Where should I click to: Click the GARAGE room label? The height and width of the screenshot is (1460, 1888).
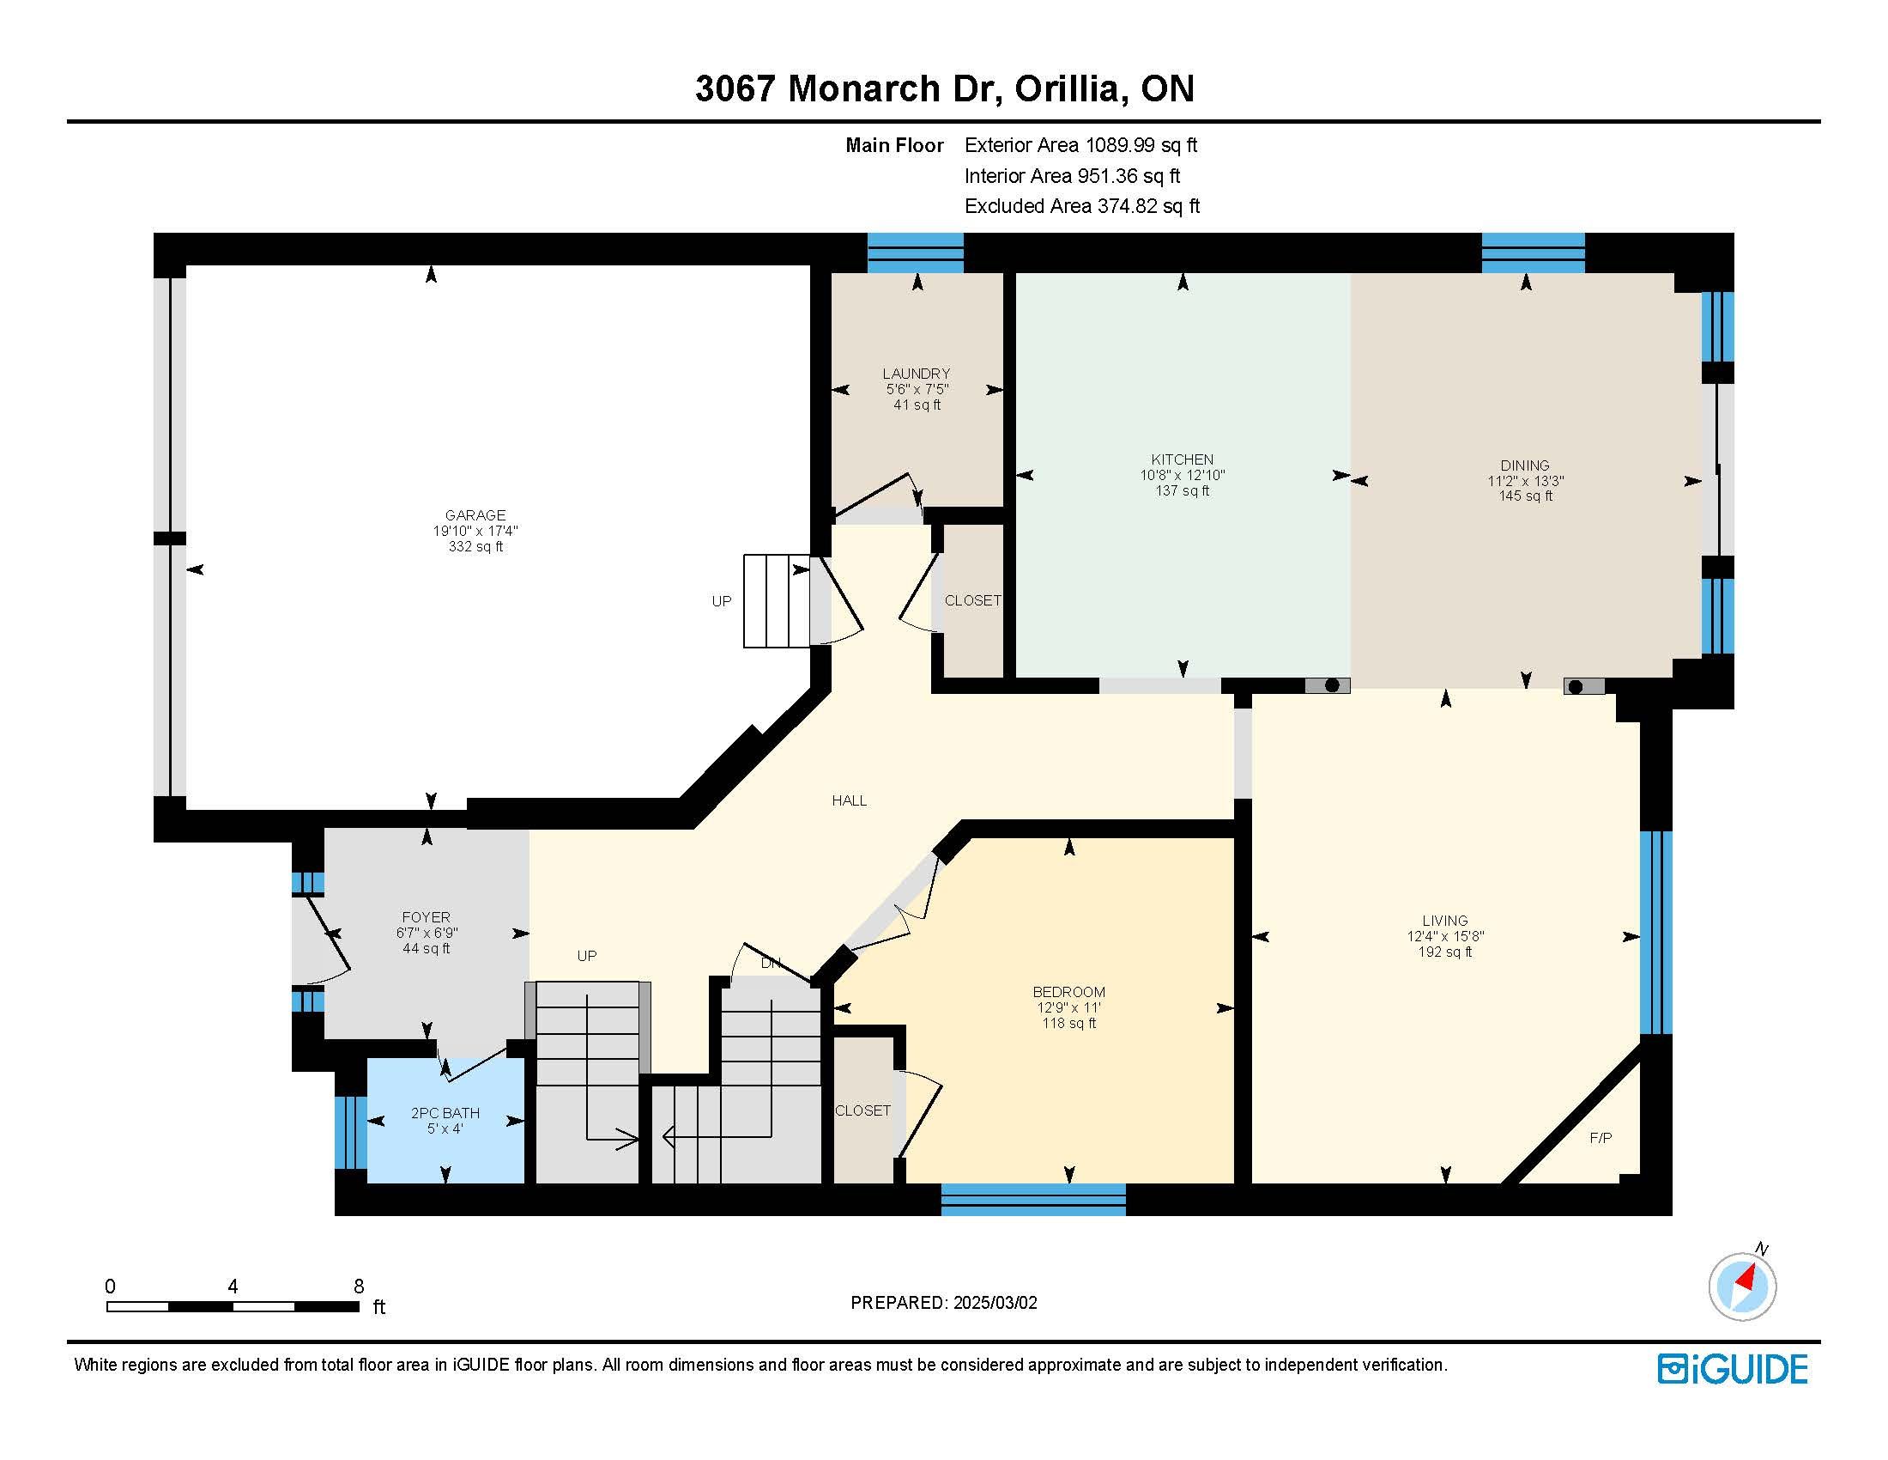pos(475,515)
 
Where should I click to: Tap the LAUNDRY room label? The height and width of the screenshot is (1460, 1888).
pos(917,374)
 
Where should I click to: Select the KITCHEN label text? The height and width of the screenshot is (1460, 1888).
pos(1183,459)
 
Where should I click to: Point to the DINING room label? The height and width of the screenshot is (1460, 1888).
pos(1525,465)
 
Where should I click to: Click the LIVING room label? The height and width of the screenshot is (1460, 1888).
pos(1445,921)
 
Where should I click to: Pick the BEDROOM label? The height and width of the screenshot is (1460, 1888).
pos(1069,992)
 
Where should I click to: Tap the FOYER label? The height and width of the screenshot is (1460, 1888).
pos(427,917)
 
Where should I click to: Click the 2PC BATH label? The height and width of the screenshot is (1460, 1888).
pos(445,1113)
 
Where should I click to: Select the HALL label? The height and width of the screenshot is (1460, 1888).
pos(849,801)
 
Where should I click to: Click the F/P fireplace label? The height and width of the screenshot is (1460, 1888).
pos(1601,1138)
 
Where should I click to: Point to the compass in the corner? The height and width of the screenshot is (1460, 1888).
pos(1743,1286)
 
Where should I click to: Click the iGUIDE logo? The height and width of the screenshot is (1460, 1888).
pos(1733,1369)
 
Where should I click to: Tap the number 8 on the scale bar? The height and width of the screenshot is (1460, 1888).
pos(359,1287)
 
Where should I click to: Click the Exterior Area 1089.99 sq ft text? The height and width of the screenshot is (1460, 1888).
pos(1080,145)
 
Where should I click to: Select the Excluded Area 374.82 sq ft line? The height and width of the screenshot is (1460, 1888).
pos(1082,206)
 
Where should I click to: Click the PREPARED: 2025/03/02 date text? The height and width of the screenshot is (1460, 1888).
pos(944,1303)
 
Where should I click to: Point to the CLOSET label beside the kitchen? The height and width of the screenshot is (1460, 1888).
pos(972,600)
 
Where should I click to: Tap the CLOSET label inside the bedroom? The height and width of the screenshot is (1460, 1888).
pos(862,1110)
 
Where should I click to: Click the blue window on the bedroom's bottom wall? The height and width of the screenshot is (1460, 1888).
pos(1034,1200)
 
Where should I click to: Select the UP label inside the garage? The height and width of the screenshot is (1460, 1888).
pos(722,601)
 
